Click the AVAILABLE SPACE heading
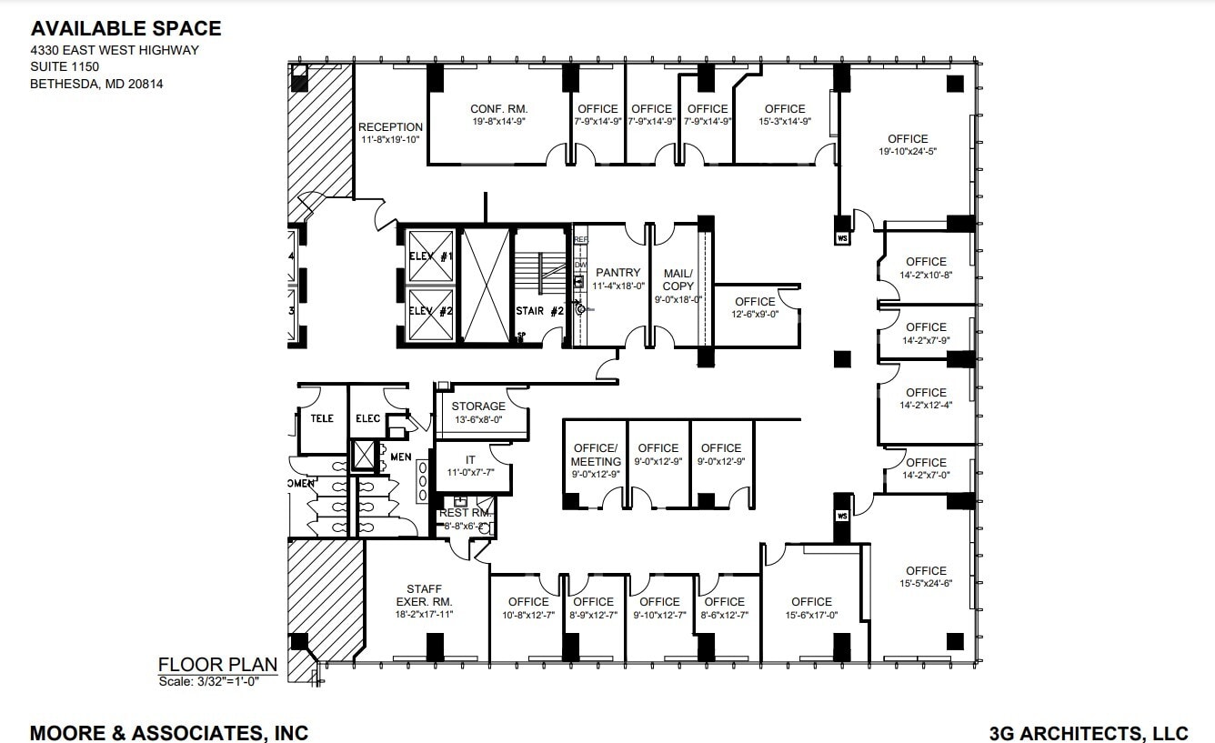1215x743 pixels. (126, 29)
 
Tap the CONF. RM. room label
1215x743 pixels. (498, 108)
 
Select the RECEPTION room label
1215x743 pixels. (390, 127)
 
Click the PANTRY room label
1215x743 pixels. (618, 272)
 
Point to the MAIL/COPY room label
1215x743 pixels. (678, 279)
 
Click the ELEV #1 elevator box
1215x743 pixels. (431, 256)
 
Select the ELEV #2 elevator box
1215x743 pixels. (431, 311)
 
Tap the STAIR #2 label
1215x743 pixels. (540, 311)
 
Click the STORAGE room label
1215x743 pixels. (478, 407)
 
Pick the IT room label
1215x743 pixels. (470, 460)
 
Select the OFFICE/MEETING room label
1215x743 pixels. (596, 455)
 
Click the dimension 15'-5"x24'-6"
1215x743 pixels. (926, 584)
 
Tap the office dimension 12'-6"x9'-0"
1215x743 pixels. (755, 315)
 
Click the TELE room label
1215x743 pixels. (322, 418)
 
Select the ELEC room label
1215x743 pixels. (367, 418)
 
